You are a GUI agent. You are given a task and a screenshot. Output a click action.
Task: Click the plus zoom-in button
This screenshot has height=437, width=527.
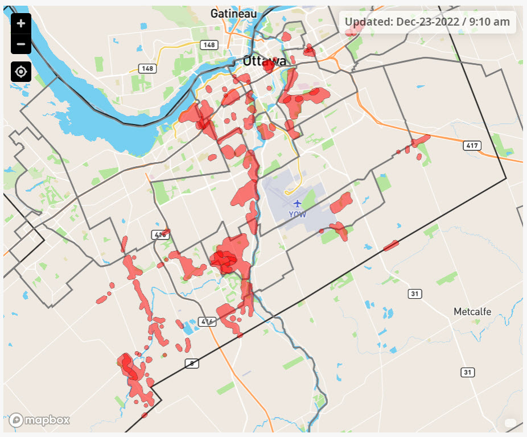[x=21, y=23]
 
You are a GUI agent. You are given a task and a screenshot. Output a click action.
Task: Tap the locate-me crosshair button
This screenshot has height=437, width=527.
[x=21, y=72]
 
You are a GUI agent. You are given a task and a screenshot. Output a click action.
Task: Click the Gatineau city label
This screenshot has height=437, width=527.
[x=233, y=13]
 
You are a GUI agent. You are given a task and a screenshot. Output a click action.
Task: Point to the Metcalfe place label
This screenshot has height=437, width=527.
[x=472, y=312]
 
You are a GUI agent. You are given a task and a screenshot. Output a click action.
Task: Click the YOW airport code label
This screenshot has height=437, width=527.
[x=297, y=215]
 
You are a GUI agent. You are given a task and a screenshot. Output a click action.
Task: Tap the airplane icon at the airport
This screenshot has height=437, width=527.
[x=297, y=203]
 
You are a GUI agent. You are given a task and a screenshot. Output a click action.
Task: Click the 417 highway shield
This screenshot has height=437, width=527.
[x=472, y=146]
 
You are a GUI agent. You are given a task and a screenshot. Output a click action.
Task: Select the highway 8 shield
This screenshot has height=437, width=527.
[x=191, y=363]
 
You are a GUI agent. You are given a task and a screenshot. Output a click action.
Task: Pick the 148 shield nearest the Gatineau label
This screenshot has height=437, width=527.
[x=208, y=44]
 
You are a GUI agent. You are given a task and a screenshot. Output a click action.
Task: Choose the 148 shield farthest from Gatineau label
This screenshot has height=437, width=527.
[x=148, y=68]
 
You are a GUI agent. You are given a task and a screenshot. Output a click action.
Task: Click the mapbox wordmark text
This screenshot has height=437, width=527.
[x=47, y=420]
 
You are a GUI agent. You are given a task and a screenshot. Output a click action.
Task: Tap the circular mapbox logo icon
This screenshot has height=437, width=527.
[x=16, y=420]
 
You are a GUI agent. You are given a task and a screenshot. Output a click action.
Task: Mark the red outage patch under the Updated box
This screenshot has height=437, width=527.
[x=352, y=28]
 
